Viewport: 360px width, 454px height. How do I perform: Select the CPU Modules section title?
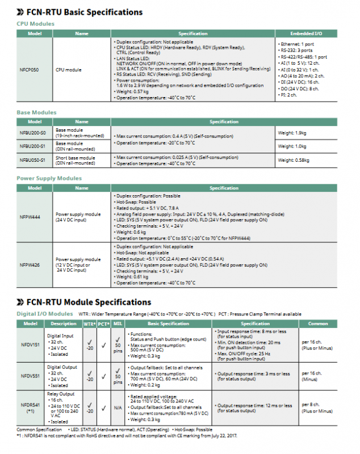point(35,24)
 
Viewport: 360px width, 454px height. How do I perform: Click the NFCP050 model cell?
point(29,70)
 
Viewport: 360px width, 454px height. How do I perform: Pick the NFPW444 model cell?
point(29,217)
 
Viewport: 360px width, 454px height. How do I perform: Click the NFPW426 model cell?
point(29,264)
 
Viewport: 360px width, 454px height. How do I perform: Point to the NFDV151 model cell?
point(30,345)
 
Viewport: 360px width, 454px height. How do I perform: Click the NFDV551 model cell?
point(30,376)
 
